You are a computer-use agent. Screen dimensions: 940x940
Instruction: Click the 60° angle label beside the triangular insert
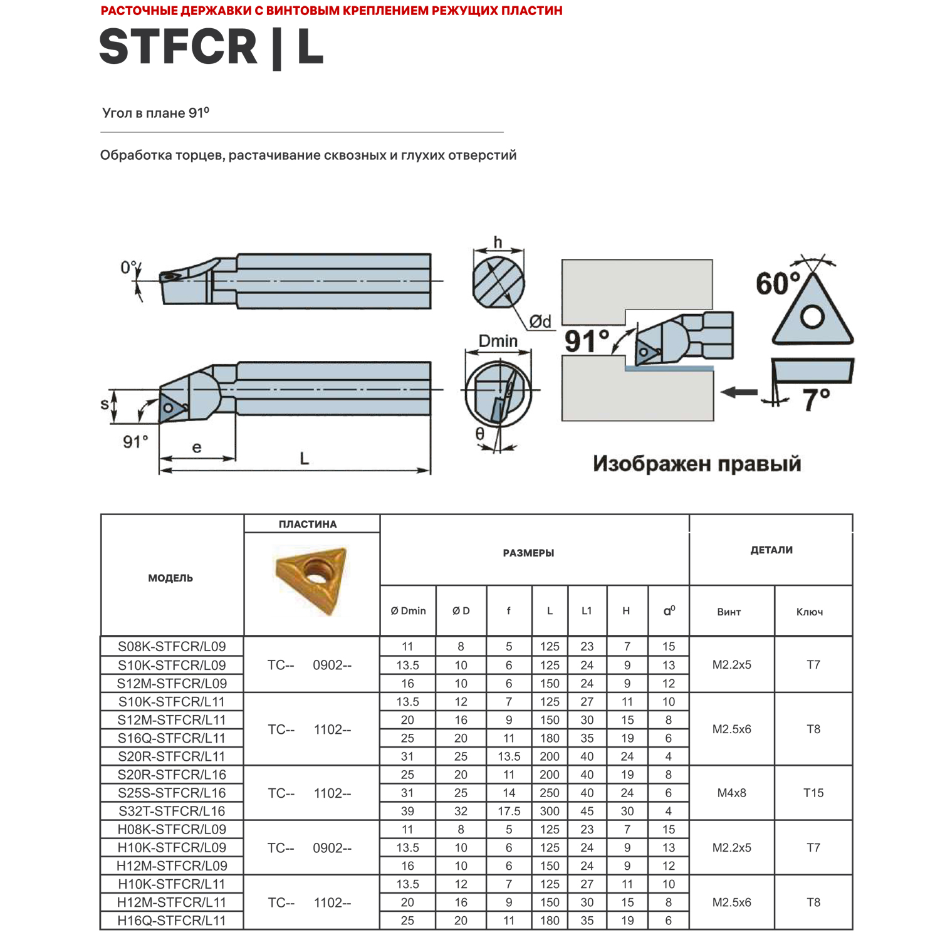pos(778,284)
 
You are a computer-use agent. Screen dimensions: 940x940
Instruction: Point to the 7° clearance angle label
pos(816,400)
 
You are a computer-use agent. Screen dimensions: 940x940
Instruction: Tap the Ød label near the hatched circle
pos(540,321)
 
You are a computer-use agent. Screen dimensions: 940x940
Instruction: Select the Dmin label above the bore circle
pos(498,341)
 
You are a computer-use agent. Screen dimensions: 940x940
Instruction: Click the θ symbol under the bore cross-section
pos(479,434)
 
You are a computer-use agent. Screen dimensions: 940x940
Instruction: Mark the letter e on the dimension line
pos(197,447)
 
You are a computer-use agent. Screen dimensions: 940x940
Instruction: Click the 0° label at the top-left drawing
pos(128,268)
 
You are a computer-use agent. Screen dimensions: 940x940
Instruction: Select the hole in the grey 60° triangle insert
pos(812,316)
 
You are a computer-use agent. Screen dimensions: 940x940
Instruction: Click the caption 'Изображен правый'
pos(697,464)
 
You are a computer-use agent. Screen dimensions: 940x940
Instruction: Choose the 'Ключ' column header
pos(809,612)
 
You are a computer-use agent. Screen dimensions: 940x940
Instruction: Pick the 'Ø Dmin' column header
pos(408,611)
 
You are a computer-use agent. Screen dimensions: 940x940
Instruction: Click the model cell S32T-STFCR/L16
pos(172,811)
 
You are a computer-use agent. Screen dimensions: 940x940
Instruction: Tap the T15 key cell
pos(813,793)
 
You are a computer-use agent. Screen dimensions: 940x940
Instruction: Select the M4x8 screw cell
pos(731,793)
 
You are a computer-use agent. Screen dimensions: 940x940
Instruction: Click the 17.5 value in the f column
pos(509,811)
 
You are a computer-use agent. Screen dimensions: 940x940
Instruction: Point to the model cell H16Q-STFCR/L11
pos(172,921)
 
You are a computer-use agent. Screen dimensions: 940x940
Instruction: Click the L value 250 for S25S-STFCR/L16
pos(550,793)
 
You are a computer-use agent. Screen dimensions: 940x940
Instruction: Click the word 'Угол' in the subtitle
pos(117,113)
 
